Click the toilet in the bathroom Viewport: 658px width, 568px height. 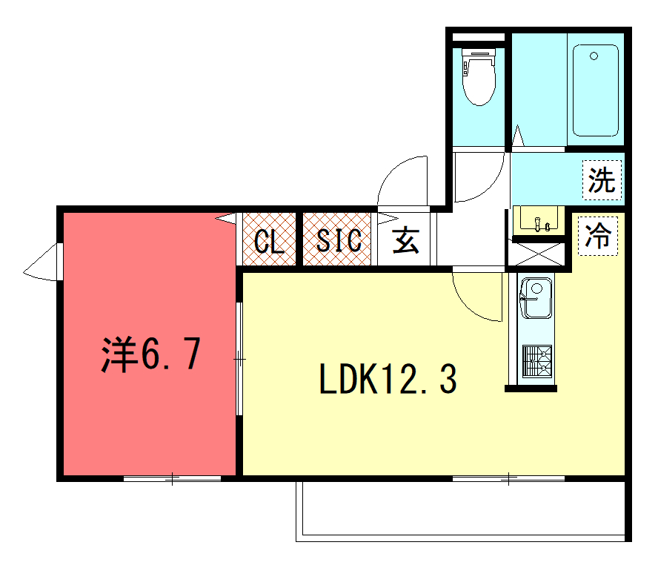479,76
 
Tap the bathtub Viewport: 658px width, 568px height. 596,90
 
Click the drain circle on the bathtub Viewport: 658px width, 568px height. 594,56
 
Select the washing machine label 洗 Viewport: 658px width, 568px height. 602,179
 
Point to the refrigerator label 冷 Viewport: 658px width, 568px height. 598,236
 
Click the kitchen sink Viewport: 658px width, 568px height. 536,298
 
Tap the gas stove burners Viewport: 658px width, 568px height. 537,361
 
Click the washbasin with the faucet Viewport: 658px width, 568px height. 539,219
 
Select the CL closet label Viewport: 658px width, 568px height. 269,242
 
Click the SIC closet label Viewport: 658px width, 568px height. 339,240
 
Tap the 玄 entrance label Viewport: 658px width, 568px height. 406,240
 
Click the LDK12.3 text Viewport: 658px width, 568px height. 388,379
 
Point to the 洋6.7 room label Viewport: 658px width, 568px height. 151,354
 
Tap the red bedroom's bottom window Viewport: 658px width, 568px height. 172,478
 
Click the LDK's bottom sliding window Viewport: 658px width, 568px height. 508,478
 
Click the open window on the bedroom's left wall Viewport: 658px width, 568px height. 42,262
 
